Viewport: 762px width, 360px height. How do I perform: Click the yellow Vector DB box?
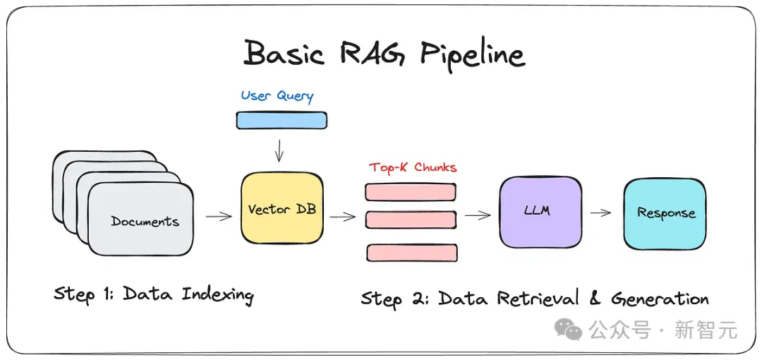tap(282, 208)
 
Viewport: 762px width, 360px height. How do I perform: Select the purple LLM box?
tap(540, 212)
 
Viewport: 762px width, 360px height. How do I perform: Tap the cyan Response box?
tap(665, 214)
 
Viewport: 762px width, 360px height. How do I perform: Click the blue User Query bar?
tap(282, 120)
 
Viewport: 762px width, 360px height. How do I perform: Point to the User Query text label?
tap(277, 96)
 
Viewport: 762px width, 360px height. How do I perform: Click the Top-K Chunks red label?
tap(413, 168)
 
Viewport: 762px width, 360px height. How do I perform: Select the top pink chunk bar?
tap(411, 192)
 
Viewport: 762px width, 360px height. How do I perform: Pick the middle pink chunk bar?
tap(411, 220)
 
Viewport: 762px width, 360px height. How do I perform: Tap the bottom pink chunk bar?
tap(412, 253)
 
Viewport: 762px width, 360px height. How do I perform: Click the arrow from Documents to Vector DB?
tap(219, 216)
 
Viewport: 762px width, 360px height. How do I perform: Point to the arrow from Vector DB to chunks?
tap(343, 217)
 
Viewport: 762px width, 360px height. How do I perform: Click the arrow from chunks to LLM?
tap(478, 215)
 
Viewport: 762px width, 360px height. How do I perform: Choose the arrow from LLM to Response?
tap(600, 212)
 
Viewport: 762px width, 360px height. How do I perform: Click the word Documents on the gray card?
tap(145, 222)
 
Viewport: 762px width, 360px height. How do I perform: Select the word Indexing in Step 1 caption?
tap(217, 295)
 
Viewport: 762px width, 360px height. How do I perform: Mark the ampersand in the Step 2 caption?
tap(594, 297)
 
